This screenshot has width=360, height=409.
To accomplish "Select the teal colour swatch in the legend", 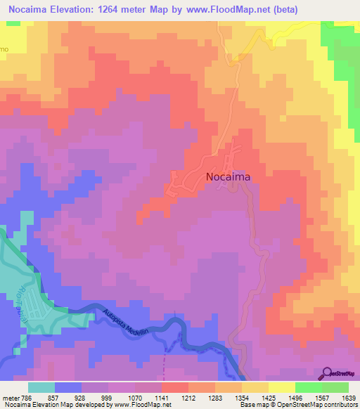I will pyautogui.click(x=41, y=387).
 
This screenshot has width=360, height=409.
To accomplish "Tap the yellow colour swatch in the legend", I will pyautogui.click(x=281, y=387).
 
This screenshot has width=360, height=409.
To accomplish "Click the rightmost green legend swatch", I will pyautogui.click(x=335, y=387).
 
